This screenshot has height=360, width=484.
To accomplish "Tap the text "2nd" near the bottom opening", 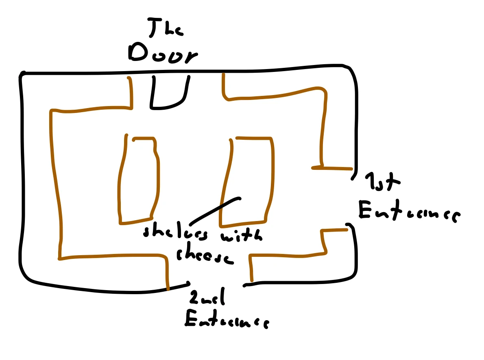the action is click(x=205, y=300).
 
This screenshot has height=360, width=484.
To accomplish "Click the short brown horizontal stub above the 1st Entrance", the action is click(x=331, y=167).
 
